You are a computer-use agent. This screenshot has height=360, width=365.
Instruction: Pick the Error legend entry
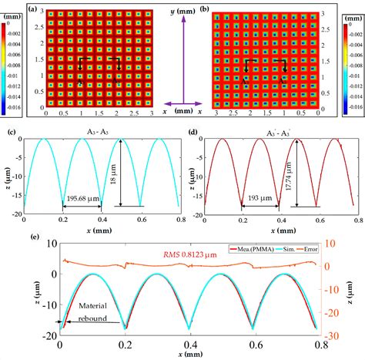coord(315,249)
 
